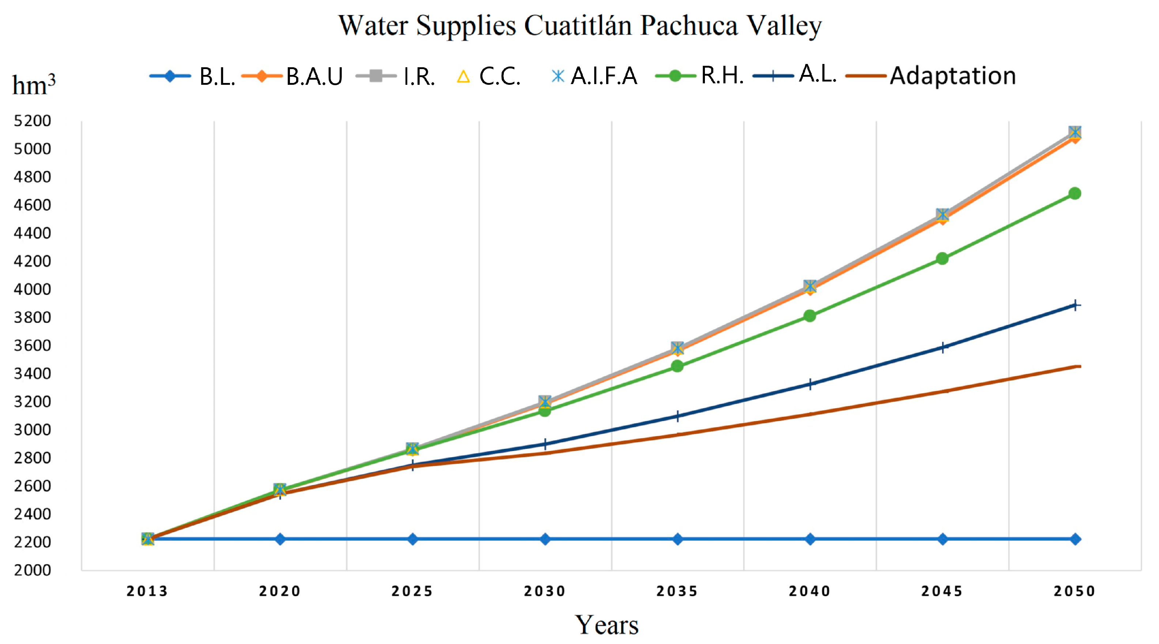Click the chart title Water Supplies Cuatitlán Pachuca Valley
pos(579,26)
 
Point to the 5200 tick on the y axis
pos(33,121)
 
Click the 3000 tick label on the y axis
pos(33,430)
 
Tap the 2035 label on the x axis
pos(677,591)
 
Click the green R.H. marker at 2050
pos(1075,193)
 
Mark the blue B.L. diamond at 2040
pos(810,539)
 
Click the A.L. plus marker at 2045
pos(943,348)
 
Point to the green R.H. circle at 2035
pos(677,367)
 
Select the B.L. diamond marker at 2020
pos(280,539)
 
